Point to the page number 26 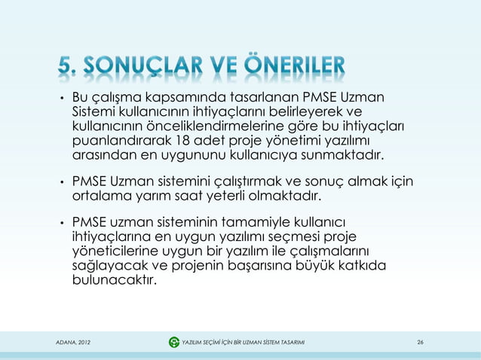pyautogui.click(x=420, y=343)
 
